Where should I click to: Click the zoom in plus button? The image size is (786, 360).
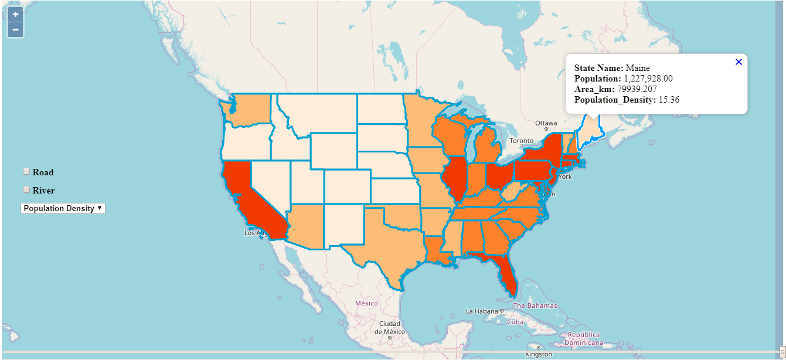[x=15, y=15]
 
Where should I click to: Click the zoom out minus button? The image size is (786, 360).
[x=15, y=29]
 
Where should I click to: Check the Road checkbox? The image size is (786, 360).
[x=26, y=171]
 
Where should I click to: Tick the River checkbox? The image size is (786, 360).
[x=26, y=189]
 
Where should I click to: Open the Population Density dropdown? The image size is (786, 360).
[x=63, y=208]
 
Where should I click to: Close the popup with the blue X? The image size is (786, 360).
[x=739, y=62]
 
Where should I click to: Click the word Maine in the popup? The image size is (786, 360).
[x=638, y=68]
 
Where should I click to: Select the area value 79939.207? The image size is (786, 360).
[x=637, y=89]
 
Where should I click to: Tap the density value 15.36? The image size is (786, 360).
[x=669, y=100]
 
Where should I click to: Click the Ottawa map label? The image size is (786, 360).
[x=546, y=123]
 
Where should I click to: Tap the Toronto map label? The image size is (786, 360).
[x=521, y=141]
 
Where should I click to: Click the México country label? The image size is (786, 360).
[x=366, y=303]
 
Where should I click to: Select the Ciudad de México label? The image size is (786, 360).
[x=390, y=327]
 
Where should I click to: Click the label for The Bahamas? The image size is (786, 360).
[x=535, y=306]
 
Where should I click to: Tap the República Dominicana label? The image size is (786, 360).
[x=584, y=338]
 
